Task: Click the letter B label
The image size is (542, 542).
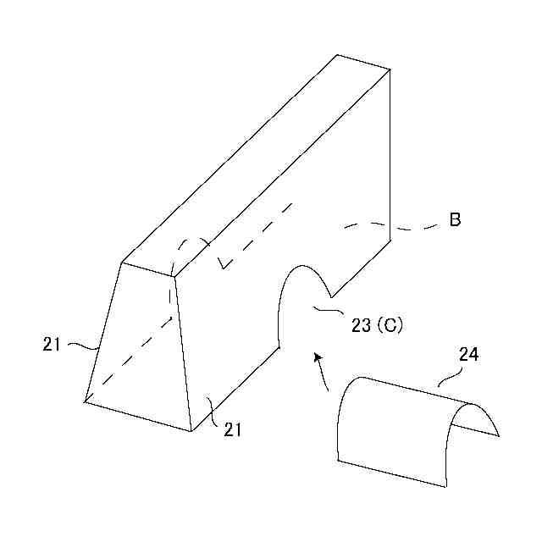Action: pyautogui.click(x=455, y=221)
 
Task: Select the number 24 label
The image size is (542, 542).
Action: pyautogui.click(x=468, y=355)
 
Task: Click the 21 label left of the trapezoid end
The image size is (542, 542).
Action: pyautogui.click(x=53, y=343)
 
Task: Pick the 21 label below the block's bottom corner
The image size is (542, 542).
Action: pyautogui.click(x=233, y=429)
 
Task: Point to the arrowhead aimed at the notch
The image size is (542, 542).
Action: pyautogui.click(x=318, y=358)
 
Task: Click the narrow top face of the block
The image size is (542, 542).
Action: pyautogui.click(x=254, y=161)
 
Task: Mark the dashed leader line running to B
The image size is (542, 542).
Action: pyautogui.click(x=398, y=227)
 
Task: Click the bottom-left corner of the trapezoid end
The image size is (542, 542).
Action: pyautogui.click(x=85, y=401)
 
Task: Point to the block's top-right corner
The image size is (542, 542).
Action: pyautogui.click(x=390, y=70)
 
